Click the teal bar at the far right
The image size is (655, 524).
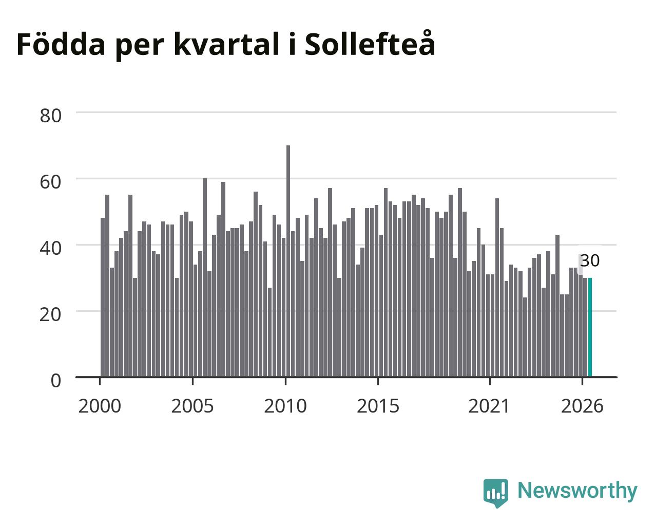(x=590, y=327)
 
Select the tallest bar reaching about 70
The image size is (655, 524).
(x=288, y=261)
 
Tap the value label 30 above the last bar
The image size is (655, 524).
(x=590, y=261)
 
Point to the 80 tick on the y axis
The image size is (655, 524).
(x=50, y=116)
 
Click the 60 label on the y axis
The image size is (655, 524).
(x=50, y=182)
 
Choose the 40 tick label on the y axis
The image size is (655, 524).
(x=50, y=248)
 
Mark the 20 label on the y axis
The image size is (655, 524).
(x=50, y=315)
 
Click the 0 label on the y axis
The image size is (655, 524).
(x=56, y=381)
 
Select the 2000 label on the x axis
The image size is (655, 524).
(x=100, y=406)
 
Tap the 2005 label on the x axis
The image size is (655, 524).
(x=192, y=406)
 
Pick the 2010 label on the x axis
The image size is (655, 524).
(x=285, y=406)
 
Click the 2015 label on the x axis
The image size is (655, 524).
(x=378, y=406)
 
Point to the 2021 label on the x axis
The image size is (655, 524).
(x=489, y=406)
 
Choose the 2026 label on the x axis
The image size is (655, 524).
(x=582, y=406)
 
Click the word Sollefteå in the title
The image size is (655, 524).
(x=370, y=44)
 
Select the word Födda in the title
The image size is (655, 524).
(x=61, y=44)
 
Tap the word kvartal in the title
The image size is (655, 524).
(x=226, y=45)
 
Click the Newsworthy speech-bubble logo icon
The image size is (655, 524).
(x=495, y=493)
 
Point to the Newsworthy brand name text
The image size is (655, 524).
(x=577, y=491)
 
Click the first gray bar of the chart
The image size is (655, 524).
(x=103, y=297)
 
